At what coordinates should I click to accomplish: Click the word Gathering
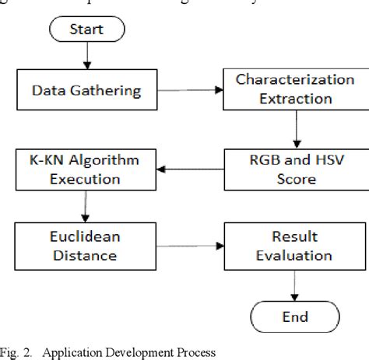tap(114, 91)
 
